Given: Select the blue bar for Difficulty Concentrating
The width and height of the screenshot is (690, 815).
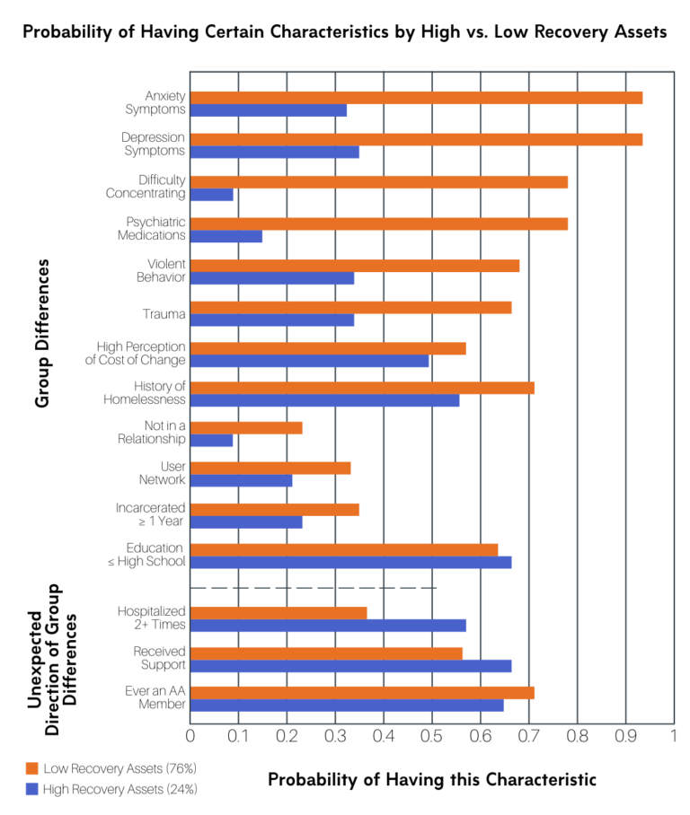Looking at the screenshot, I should click(212, 194).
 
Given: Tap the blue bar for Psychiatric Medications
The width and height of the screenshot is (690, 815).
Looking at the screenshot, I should click(226, 236).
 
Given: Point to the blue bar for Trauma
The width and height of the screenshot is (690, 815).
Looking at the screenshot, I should click(272, 320).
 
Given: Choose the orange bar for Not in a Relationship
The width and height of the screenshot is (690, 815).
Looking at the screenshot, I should click(246, 427).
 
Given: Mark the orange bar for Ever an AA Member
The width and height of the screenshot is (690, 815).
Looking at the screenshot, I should click(362, 692).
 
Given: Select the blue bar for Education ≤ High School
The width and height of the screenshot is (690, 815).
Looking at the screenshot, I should click(350, 562).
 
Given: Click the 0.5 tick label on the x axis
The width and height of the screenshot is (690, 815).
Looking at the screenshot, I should click(432, 737).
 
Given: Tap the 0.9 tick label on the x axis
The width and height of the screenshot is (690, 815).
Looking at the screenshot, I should click(625, 737).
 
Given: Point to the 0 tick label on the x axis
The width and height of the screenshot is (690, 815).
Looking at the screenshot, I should click(190, 737).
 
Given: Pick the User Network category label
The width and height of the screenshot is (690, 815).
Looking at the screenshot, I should click(162, 473).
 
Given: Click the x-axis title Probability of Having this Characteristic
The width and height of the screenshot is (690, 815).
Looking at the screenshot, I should click(432, 779).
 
